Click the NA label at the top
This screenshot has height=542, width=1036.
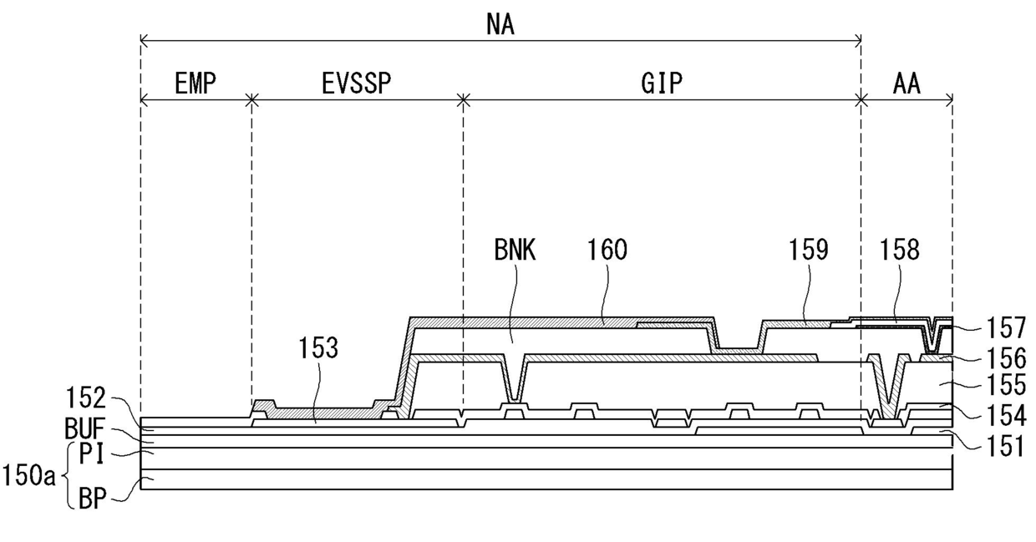coord(500,25)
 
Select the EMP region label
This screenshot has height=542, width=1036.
coord(196,84)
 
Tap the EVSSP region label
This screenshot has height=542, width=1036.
coord(357,84)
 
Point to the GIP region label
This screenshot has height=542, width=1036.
coord(662,84)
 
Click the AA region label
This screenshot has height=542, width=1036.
coord(906,84)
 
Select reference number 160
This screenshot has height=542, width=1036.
coord(607,250)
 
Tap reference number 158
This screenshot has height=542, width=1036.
coord(899,250)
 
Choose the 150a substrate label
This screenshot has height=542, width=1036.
coord(28,477)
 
